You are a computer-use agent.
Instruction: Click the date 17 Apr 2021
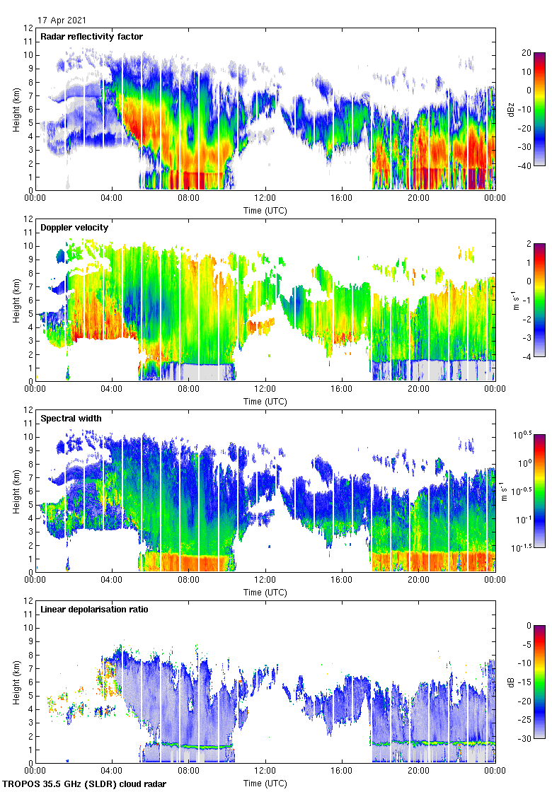[x=62, y=21]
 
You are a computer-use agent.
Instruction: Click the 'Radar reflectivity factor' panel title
[x=92, y=37]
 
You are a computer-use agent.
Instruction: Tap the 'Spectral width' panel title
[x=71, y=419]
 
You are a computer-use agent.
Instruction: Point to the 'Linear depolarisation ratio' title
[x=94, y=610]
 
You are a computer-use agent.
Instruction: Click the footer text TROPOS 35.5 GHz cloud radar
[x=86, y=784]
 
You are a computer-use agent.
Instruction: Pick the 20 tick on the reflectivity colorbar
[x=528, y=53]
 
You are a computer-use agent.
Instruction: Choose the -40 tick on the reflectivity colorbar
[x=528, y=166]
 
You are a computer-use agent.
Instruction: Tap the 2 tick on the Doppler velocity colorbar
[x=527, y=244]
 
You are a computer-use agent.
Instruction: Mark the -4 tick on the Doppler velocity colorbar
[x=528, y=357]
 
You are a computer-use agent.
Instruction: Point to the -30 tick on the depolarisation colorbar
[x=528, y=739]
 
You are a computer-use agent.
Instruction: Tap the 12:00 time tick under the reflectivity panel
[x=265, y=199]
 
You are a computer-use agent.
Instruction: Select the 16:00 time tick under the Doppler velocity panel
[x=342, y=390]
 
